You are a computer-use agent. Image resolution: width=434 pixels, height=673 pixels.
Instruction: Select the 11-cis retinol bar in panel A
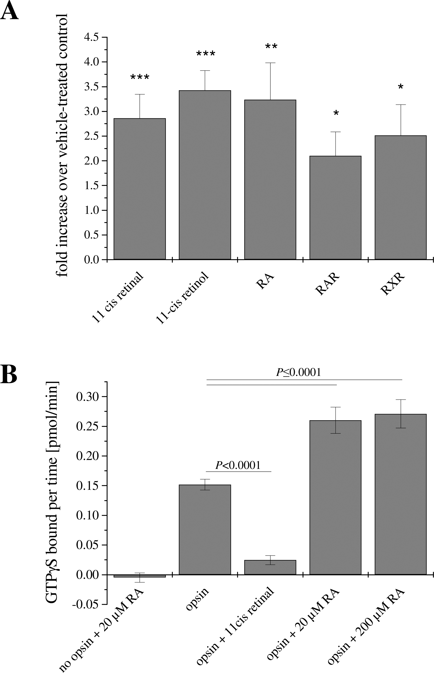click(205, 175)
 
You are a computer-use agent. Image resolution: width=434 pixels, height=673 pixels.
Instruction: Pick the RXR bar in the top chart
click(400, 197)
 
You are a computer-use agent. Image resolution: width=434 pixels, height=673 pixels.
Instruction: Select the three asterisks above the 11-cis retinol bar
click(205, 54)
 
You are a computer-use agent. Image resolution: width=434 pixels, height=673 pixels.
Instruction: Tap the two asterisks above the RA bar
click(271, 46)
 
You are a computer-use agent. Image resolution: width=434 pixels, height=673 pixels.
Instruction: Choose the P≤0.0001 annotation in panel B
click(298, 373)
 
